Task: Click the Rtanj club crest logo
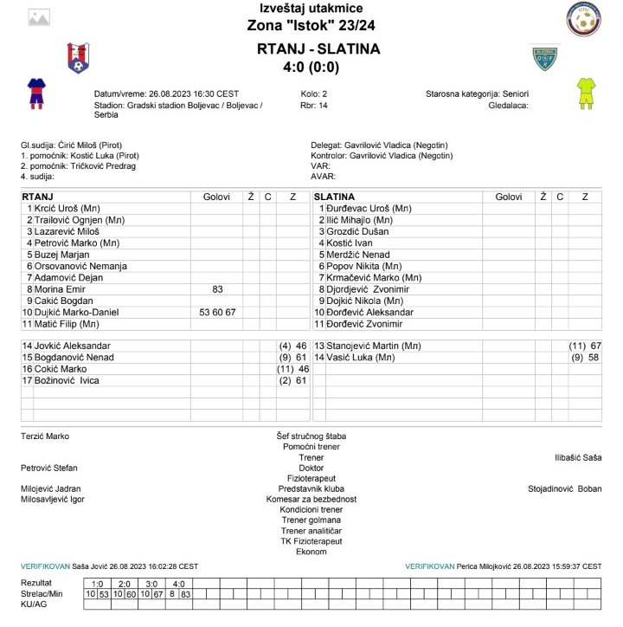[78, 57]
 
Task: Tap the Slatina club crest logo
[544, 58]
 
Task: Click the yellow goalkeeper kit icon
[585, 93]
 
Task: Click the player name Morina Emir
[63, 289]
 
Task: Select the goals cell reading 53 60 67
[217, 312]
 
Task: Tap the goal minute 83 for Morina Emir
[217, 289]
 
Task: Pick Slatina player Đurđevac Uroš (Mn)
[369, 209]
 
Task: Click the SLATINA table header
[335, 197]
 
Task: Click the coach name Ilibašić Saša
[577, 457]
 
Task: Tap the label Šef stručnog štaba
[311, 436]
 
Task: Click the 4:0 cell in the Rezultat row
[178, 583]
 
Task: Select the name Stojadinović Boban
[564, 488]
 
